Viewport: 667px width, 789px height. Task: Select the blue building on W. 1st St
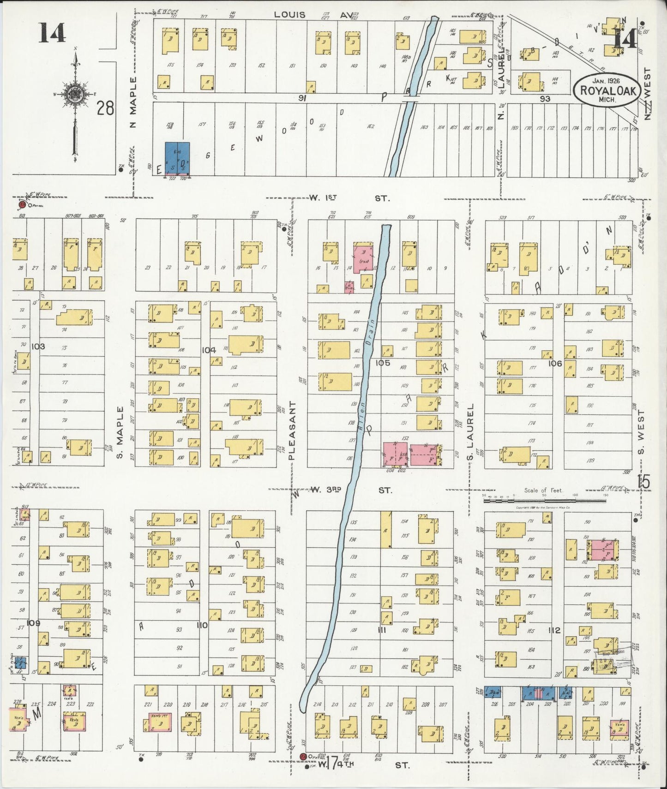point(177,158)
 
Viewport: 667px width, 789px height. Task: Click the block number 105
point(383,363)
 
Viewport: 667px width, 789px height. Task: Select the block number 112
point(554,630)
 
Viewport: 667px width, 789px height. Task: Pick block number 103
point(38,346)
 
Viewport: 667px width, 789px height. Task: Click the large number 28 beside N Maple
point(105,109)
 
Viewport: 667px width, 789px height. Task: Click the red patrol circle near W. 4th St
point(303,756)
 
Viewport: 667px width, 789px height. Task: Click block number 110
point(202,626)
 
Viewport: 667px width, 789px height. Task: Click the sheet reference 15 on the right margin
point(644,481)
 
